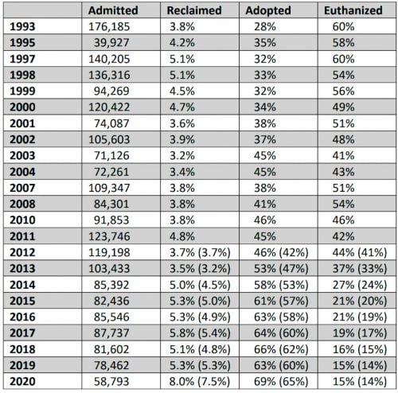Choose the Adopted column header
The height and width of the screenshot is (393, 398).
point(270,11)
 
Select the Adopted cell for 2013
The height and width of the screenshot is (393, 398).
point(274,270)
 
